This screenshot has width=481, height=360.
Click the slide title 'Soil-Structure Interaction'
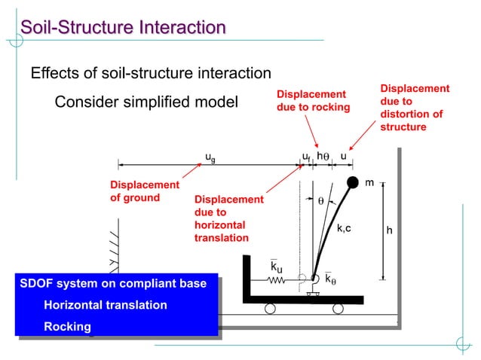(x=123, y=28)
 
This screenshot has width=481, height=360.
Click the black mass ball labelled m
(x=353, y=182)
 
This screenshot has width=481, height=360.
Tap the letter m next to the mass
(x=369, y=183)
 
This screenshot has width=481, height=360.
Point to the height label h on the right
(x=389, y=230)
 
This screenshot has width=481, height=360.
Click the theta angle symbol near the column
(x=320, y=201)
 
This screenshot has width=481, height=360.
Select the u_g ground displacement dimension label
(x=210, y=157)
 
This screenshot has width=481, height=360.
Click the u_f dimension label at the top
(x=306, y=157)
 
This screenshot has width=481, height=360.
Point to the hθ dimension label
(x=322, y=157)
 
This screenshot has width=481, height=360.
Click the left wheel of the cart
(x=269, y=307)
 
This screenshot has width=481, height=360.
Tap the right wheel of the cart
(x=338, y=307)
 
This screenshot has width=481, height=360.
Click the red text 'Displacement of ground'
(x=145, y=191)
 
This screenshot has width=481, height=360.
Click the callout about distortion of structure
(x=414, y=108)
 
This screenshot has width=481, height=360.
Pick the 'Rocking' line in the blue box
(x=68, y=327)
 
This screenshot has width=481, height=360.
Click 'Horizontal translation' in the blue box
(x=106, y=305)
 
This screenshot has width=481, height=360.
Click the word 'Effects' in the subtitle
(x=53, y=73)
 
